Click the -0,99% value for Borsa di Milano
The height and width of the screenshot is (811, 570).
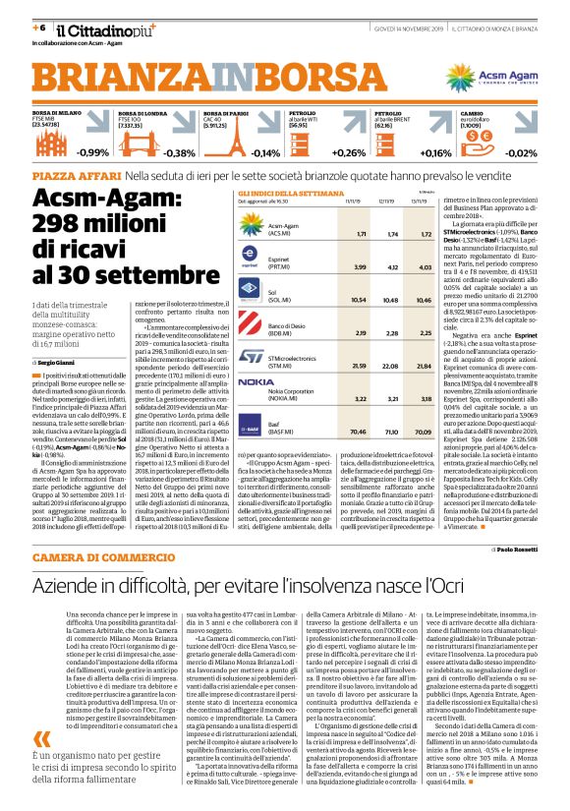click(93, 152)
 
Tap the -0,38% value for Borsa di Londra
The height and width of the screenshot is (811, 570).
click(179, 152)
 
